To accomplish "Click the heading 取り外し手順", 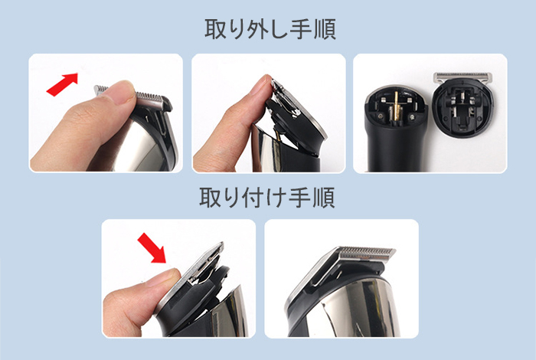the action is [x=270, y=29].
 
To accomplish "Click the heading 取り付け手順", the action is [x=267, y=198].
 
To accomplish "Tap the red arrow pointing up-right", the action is [x=63, y=84].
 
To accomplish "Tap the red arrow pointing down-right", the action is [x=152, y=248].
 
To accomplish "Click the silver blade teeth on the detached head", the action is [x=463, y=77].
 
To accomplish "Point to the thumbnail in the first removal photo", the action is [x=124, y=93].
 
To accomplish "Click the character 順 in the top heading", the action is [x=325, y=29].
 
